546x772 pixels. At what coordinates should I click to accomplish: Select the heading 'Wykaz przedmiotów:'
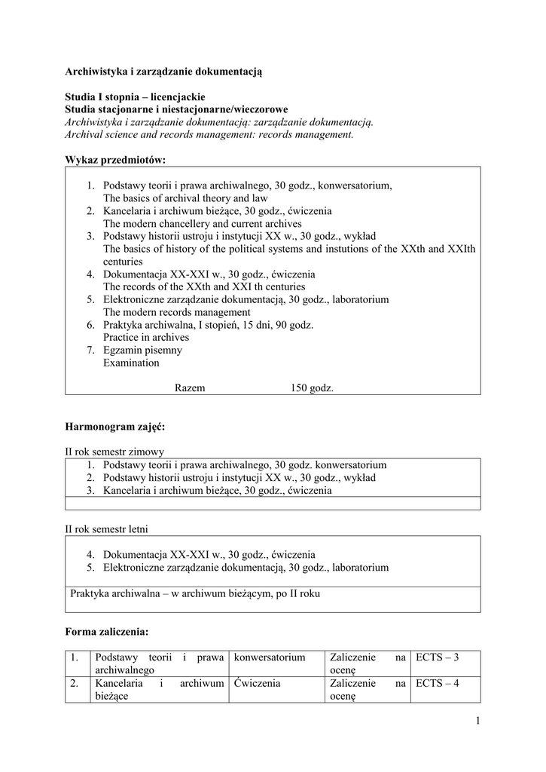[115, 160]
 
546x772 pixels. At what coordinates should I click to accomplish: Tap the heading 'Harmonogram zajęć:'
[114, 427]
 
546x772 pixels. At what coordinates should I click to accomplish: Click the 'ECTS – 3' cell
[437, 657]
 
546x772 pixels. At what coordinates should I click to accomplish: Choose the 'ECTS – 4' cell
[437, 683]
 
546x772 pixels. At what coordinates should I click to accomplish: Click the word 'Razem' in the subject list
[190, 388]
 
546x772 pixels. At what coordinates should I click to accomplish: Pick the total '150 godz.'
[312, 388]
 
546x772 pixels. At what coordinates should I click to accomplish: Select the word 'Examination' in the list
[131, 363]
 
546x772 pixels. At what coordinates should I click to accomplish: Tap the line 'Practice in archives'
[146, 337]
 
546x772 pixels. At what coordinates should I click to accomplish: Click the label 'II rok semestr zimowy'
[114, 452]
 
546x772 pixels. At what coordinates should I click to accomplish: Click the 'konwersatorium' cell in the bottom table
[270, 657]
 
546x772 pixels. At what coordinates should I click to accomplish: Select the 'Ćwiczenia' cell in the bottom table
[258, 683]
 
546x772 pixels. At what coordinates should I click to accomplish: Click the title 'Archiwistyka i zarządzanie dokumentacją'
[163, 72]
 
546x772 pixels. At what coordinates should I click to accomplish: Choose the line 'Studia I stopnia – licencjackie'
[135, 97]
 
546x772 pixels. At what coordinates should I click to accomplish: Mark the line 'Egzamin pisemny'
[142, 350]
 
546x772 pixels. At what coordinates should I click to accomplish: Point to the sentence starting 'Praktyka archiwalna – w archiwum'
[195, 593]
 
